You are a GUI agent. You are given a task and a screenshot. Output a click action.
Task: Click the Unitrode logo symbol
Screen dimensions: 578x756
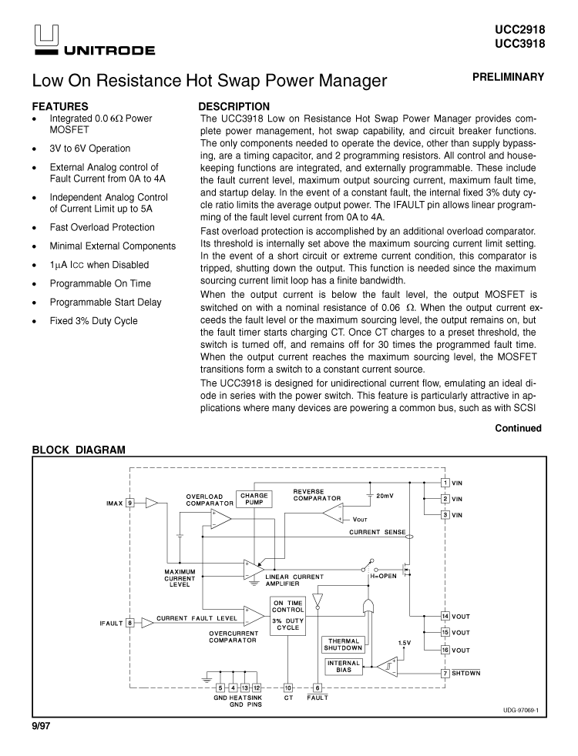46,38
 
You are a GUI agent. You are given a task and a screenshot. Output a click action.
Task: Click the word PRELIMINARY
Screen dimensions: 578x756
508,77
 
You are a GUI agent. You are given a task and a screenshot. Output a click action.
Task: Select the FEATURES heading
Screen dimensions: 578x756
60,106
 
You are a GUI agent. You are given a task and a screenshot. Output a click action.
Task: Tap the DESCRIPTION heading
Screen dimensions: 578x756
234,106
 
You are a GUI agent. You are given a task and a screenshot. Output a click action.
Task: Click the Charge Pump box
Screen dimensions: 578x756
254,499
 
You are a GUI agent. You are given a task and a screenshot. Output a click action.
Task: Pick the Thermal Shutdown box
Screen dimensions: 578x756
344,644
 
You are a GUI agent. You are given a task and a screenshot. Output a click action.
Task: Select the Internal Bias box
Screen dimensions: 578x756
344,667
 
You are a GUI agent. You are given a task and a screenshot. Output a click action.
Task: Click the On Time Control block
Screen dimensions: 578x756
287,616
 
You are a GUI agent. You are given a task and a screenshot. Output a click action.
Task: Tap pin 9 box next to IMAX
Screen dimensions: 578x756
129,503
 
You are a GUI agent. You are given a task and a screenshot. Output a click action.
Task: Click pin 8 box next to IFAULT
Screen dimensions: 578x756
129,623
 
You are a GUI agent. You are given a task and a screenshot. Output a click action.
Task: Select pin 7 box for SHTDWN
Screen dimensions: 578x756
445,673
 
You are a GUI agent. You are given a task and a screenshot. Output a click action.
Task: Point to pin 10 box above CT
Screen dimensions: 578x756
288,688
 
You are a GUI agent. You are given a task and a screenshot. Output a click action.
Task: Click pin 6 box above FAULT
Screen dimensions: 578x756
318,688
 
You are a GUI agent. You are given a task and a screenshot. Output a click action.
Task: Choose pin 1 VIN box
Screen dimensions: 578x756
445,483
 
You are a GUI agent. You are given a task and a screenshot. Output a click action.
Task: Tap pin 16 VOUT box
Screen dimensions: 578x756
445,650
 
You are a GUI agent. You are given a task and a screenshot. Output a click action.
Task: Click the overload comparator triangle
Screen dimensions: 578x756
220,519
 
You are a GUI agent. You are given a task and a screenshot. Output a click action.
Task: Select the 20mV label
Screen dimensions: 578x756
385,496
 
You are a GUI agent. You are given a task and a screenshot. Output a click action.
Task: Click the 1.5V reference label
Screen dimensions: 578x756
405,643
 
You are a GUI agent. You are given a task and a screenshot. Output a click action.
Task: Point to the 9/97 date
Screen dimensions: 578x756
41,726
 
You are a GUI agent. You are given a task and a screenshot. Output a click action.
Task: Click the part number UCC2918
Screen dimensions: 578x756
519,31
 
